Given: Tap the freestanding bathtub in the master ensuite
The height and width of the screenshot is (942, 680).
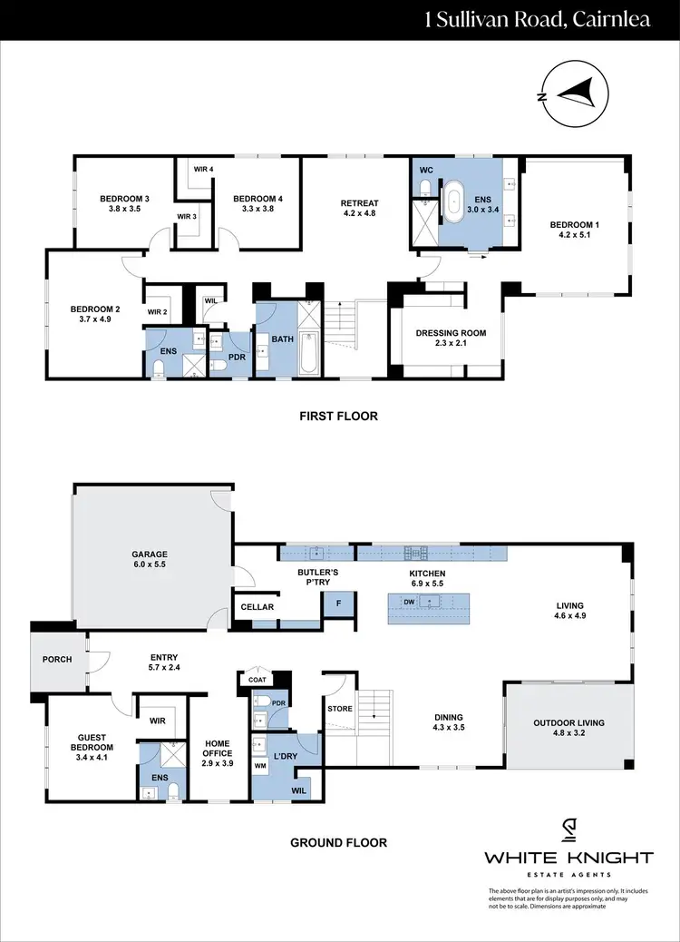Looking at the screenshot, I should coord(452,201).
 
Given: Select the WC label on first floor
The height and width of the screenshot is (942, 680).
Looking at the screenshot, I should coord(426,170).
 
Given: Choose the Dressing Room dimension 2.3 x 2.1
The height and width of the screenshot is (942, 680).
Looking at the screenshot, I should coord(451,345).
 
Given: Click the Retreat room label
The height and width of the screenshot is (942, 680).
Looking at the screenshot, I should coord(359,203).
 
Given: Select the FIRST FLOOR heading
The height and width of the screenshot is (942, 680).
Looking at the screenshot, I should coord(338,417).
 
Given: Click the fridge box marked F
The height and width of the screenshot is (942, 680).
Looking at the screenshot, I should coord(338,603).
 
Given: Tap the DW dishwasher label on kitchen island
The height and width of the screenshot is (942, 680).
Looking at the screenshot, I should coord(409,602).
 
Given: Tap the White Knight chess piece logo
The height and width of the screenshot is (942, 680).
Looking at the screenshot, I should coord(568,830).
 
